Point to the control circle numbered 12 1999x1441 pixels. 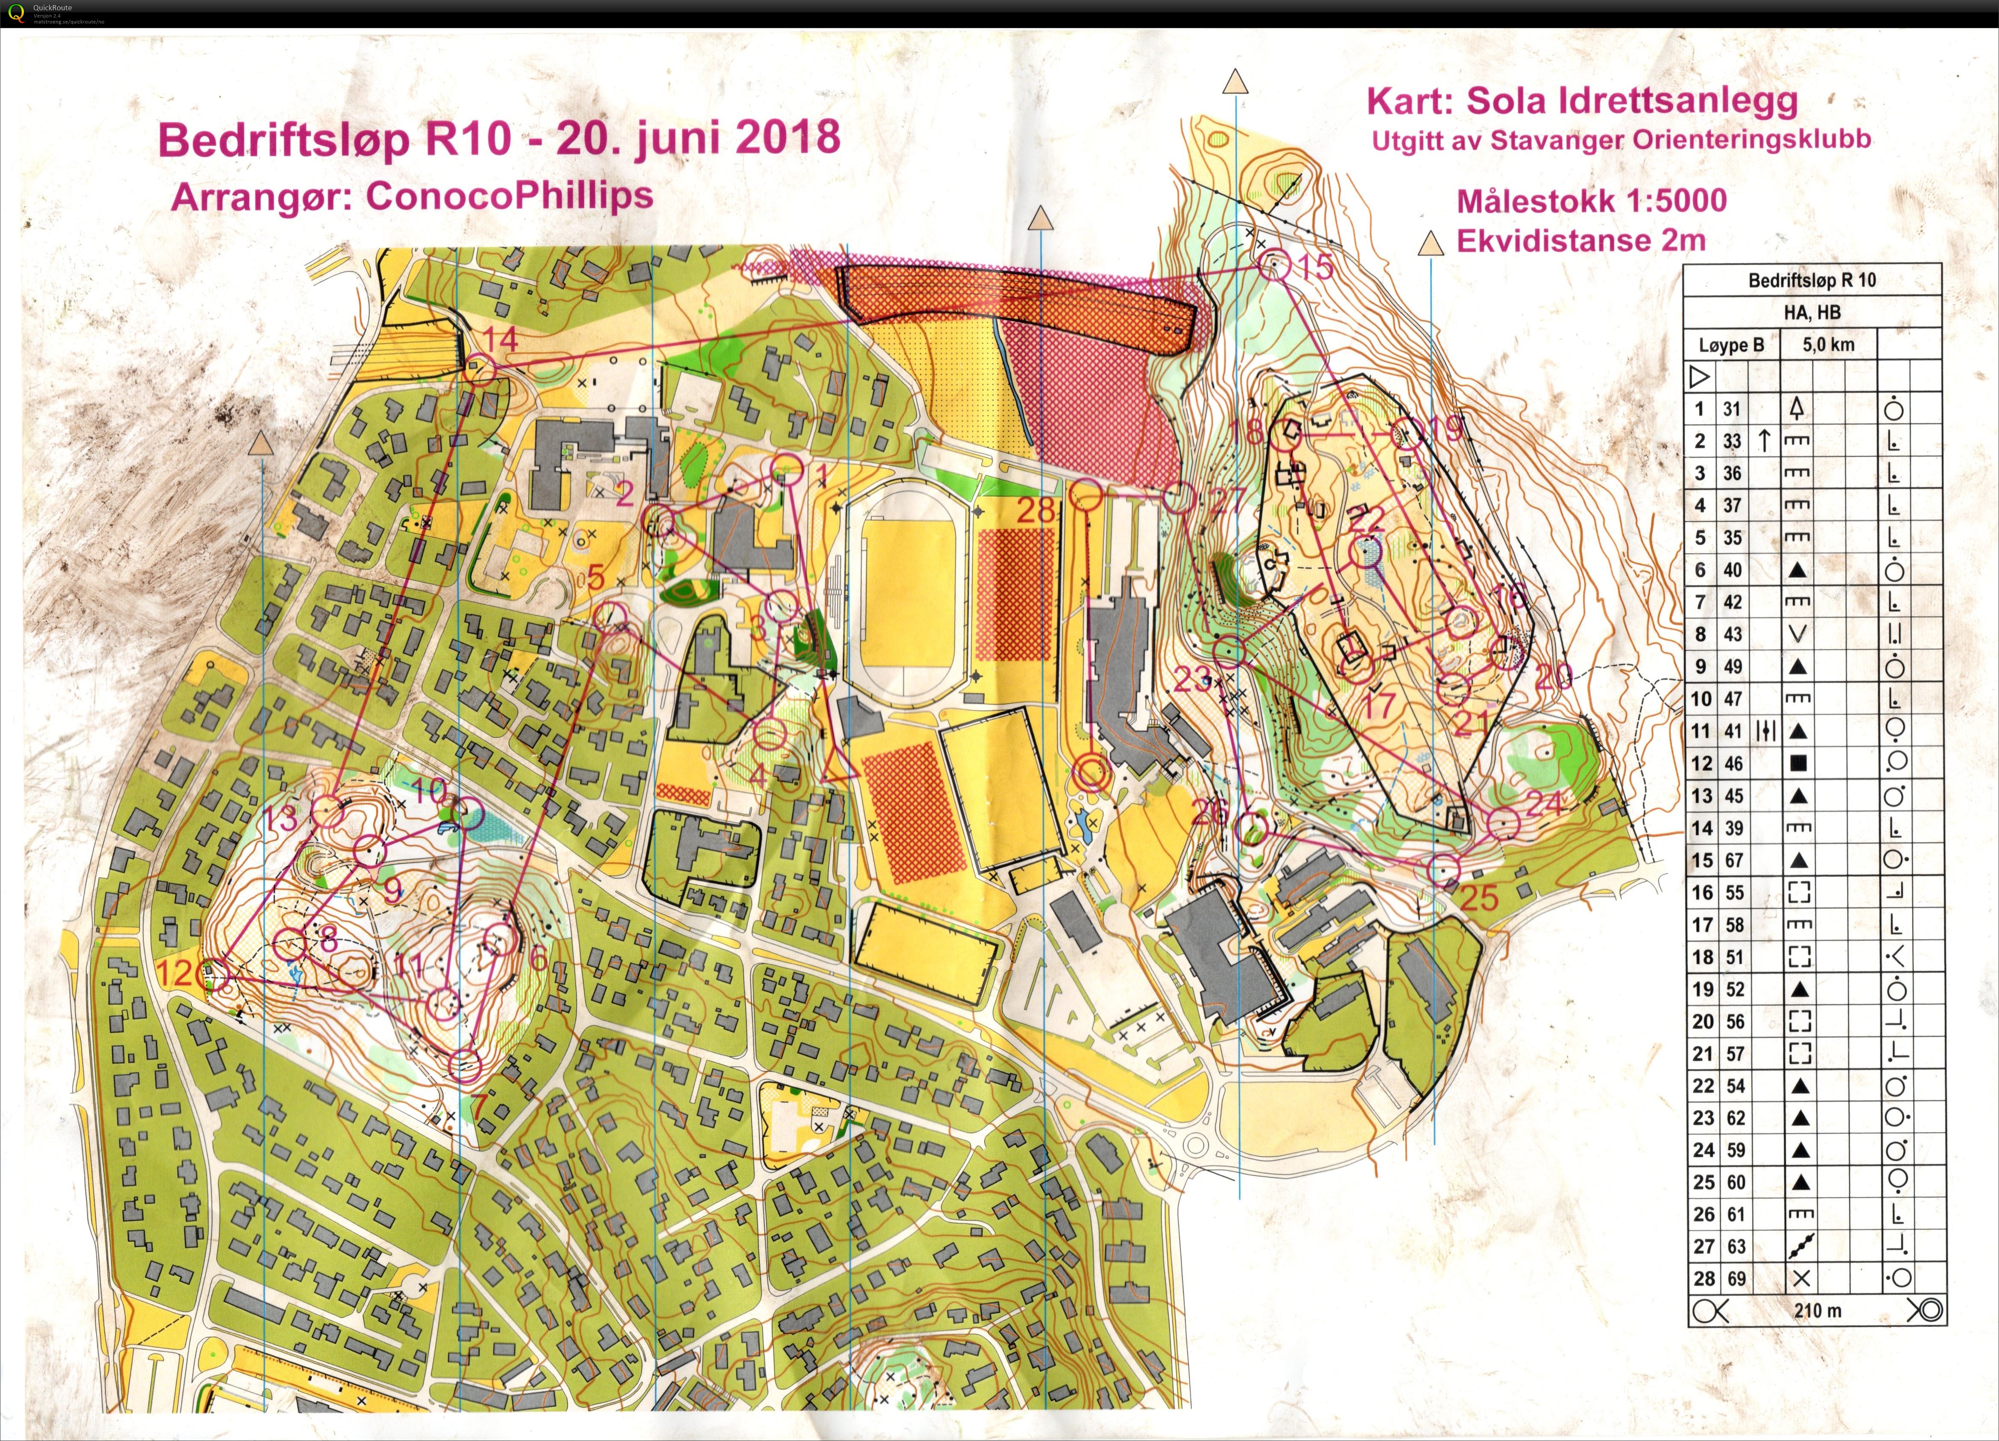(214, 975)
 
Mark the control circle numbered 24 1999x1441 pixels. (1504, 822)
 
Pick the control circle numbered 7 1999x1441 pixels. (465, 1065)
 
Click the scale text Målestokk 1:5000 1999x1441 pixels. (1591, 201)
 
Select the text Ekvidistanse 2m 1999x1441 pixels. (1580, 241)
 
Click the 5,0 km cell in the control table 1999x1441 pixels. (1828, 345)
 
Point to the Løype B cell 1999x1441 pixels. (1731, 345)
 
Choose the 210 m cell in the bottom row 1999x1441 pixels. (1817, 1310)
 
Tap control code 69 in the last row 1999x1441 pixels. (1735, 1278)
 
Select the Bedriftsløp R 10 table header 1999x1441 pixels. (1812, 280)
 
